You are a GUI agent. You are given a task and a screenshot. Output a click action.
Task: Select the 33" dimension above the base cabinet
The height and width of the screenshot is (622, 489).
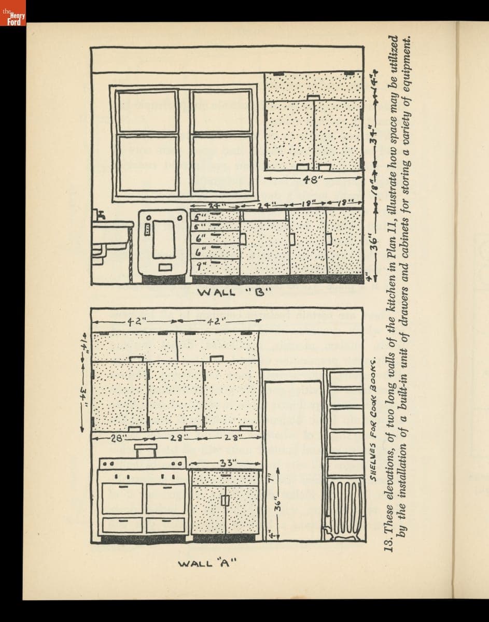(x=226, y=461)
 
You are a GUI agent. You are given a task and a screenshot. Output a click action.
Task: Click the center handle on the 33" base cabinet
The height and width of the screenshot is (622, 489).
(x=225, y=500)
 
